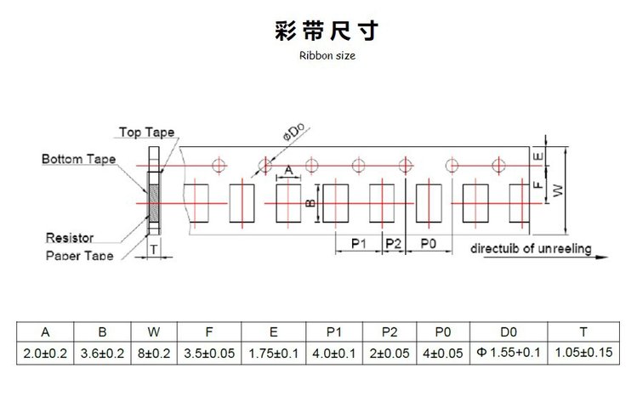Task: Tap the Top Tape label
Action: [146, 132]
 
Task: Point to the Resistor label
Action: [71, 238]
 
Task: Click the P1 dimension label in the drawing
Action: [357, 244]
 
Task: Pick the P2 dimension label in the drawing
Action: [393, 244]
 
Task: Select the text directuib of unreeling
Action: [526, 248]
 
